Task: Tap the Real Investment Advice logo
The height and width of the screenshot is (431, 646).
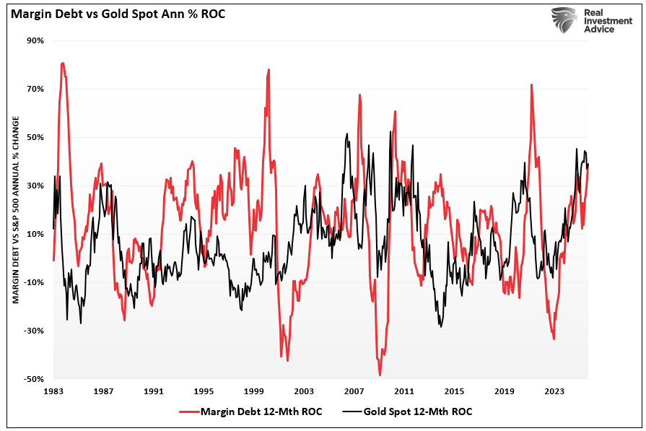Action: coord(584,20)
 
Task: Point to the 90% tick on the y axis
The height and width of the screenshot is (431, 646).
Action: coord(35,41)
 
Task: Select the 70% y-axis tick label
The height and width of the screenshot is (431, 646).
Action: coord(35,90)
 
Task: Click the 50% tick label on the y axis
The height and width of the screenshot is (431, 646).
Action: coord(35,137)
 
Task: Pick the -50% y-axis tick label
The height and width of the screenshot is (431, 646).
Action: coord(34,379)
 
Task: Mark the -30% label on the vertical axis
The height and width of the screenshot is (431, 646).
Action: coord(34,331)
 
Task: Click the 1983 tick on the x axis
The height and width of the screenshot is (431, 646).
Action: coord(53,391)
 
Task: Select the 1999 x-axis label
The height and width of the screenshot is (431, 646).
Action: coord(253,391)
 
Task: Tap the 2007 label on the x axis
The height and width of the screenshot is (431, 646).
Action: coord(354,391)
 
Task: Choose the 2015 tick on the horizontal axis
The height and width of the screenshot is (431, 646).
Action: coord(454,391)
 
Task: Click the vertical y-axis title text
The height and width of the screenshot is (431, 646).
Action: coord(15,209)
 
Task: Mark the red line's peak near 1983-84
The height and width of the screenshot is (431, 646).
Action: coord(63,64)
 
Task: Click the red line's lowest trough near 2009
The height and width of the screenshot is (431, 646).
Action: coord(380,375)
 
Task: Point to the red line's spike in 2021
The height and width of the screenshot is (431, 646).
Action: coord(531,85)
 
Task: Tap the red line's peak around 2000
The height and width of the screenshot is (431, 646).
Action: coord(269,70)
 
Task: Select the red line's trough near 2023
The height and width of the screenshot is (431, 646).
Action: coord(554,339)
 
